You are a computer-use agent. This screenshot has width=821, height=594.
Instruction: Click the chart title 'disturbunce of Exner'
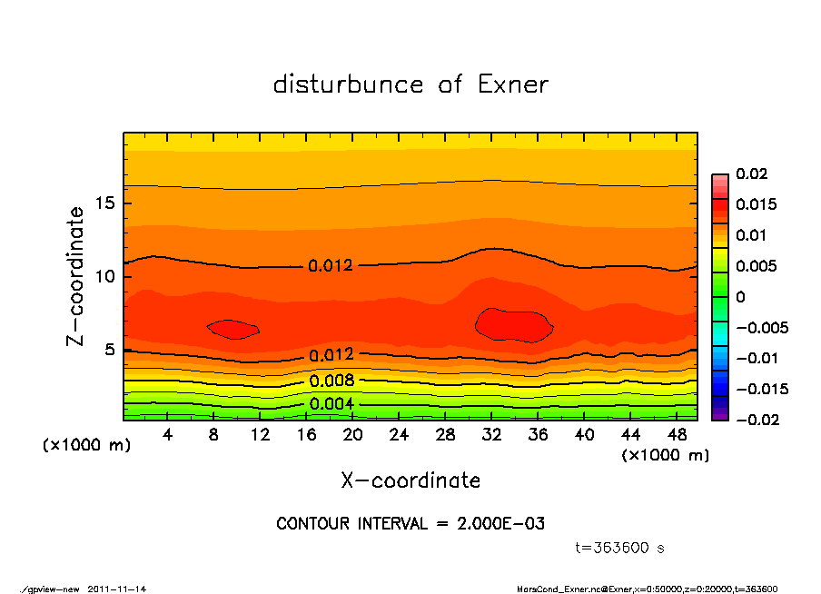tap(410, 84)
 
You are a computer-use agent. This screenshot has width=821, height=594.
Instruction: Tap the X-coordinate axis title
tap(410, 480)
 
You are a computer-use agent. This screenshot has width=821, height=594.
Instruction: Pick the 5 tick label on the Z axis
tap(109, 350)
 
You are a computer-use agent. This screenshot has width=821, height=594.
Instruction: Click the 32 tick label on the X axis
tap(491, 435)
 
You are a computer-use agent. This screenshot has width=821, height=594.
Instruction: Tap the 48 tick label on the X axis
tap(676, 435)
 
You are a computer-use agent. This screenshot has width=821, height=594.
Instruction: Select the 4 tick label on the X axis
tap(169, 435)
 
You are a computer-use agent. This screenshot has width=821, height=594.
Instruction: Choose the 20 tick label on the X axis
tap(353, 435)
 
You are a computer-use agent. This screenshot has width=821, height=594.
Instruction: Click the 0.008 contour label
tap(331, 381)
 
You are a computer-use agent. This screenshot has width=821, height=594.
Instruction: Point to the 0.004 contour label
tap(331, 404)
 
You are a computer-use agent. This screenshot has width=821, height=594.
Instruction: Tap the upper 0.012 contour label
tap(331, 266)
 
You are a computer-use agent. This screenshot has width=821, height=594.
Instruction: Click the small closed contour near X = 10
tap(233, 330)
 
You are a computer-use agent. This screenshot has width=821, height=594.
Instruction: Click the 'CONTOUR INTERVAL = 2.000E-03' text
tap(410, 524)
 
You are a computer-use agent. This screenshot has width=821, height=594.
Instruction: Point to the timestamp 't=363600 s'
tap(620, 548)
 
